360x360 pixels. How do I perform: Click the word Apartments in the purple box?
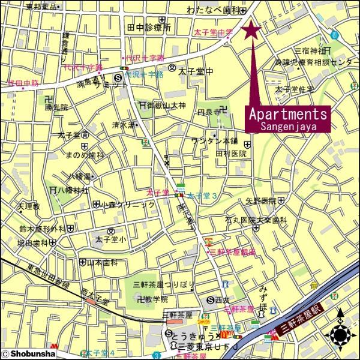tap(288, 113)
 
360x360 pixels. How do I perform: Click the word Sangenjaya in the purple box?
tap(288, 126)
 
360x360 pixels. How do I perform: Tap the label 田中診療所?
tap(149, 28)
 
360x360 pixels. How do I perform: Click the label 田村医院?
tap(231, 154)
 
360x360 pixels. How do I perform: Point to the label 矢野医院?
tap(260, 200)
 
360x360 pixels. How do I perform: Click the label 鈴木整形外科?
tap(41, 229)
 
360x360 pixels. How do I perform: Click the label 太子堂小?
tap(110, 240)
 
